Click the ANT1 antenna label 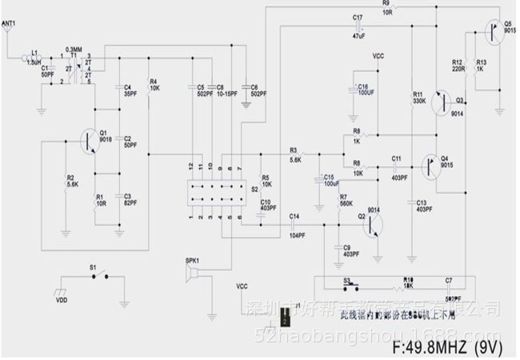click(9, 26)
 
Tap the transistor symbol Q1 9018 click(88, 140)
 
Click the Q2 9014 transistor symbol click(371, 224)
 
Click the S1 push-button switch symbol click(98, 278)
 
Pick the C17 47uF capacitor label click(358, 26)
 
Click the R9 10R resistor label click(387, 9)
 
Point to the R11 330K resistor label click(418, 98)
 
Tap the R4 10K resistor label click(154, 84)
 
